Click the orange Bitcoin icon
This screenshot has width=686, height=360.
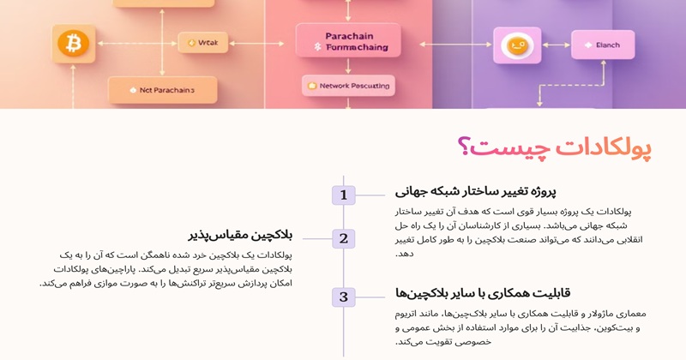[x=72, y=41]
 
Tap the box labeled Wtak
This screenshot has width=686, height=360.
[x=202, y=41]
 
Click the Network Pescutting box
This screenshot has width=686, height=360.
[x=346, y=86]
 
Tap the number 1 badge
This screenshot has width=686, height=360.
[x=343, y=195]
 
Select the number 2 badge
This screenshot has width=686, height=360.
[x=343, y=239]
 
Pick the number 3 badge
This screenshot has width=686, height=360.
[x=343, y=297]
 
